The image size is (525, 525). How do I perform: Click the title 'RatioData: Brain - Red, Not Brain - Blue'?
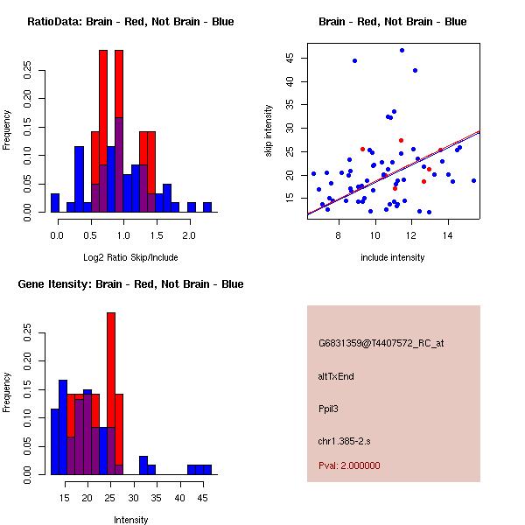tap(130, 22)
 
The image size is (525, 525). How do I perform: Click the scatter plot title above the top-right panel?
tap(392, 22)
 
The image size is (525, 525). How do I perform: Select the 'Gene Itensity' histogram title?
tap(130, 284)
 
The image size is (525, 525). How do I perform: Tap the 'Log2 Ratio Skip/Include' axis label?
tap(130, 257)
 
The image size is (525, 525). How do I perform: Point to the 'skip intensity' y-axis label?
tap(269, 131)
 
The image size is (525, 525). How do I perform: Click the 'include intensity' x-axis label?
tap(393, 257)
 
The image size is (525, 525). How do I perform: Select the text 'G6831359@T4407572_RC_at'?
tap(381, 344)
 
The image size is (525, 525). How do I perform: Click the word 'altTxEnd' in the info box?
tap(336, 376)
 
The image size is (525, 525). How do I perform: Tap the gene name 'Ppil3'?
tap(329, 409)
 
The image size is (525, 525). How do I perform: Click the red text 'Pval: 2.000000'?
tap(349, 465)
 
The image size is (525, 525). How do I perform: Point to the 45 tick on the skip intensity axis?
tap(290, 58)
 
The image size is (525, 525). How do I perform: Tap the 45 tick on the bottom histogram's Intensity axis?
tap(202, 498)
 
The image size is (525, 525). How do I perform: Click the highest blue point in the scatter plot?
tap(402, 50)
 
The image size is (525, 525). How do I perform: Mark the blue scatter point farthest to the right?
tap(473, 180)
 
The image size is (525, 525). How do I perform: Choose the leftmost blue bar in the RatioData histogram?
tap(55, 203)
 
